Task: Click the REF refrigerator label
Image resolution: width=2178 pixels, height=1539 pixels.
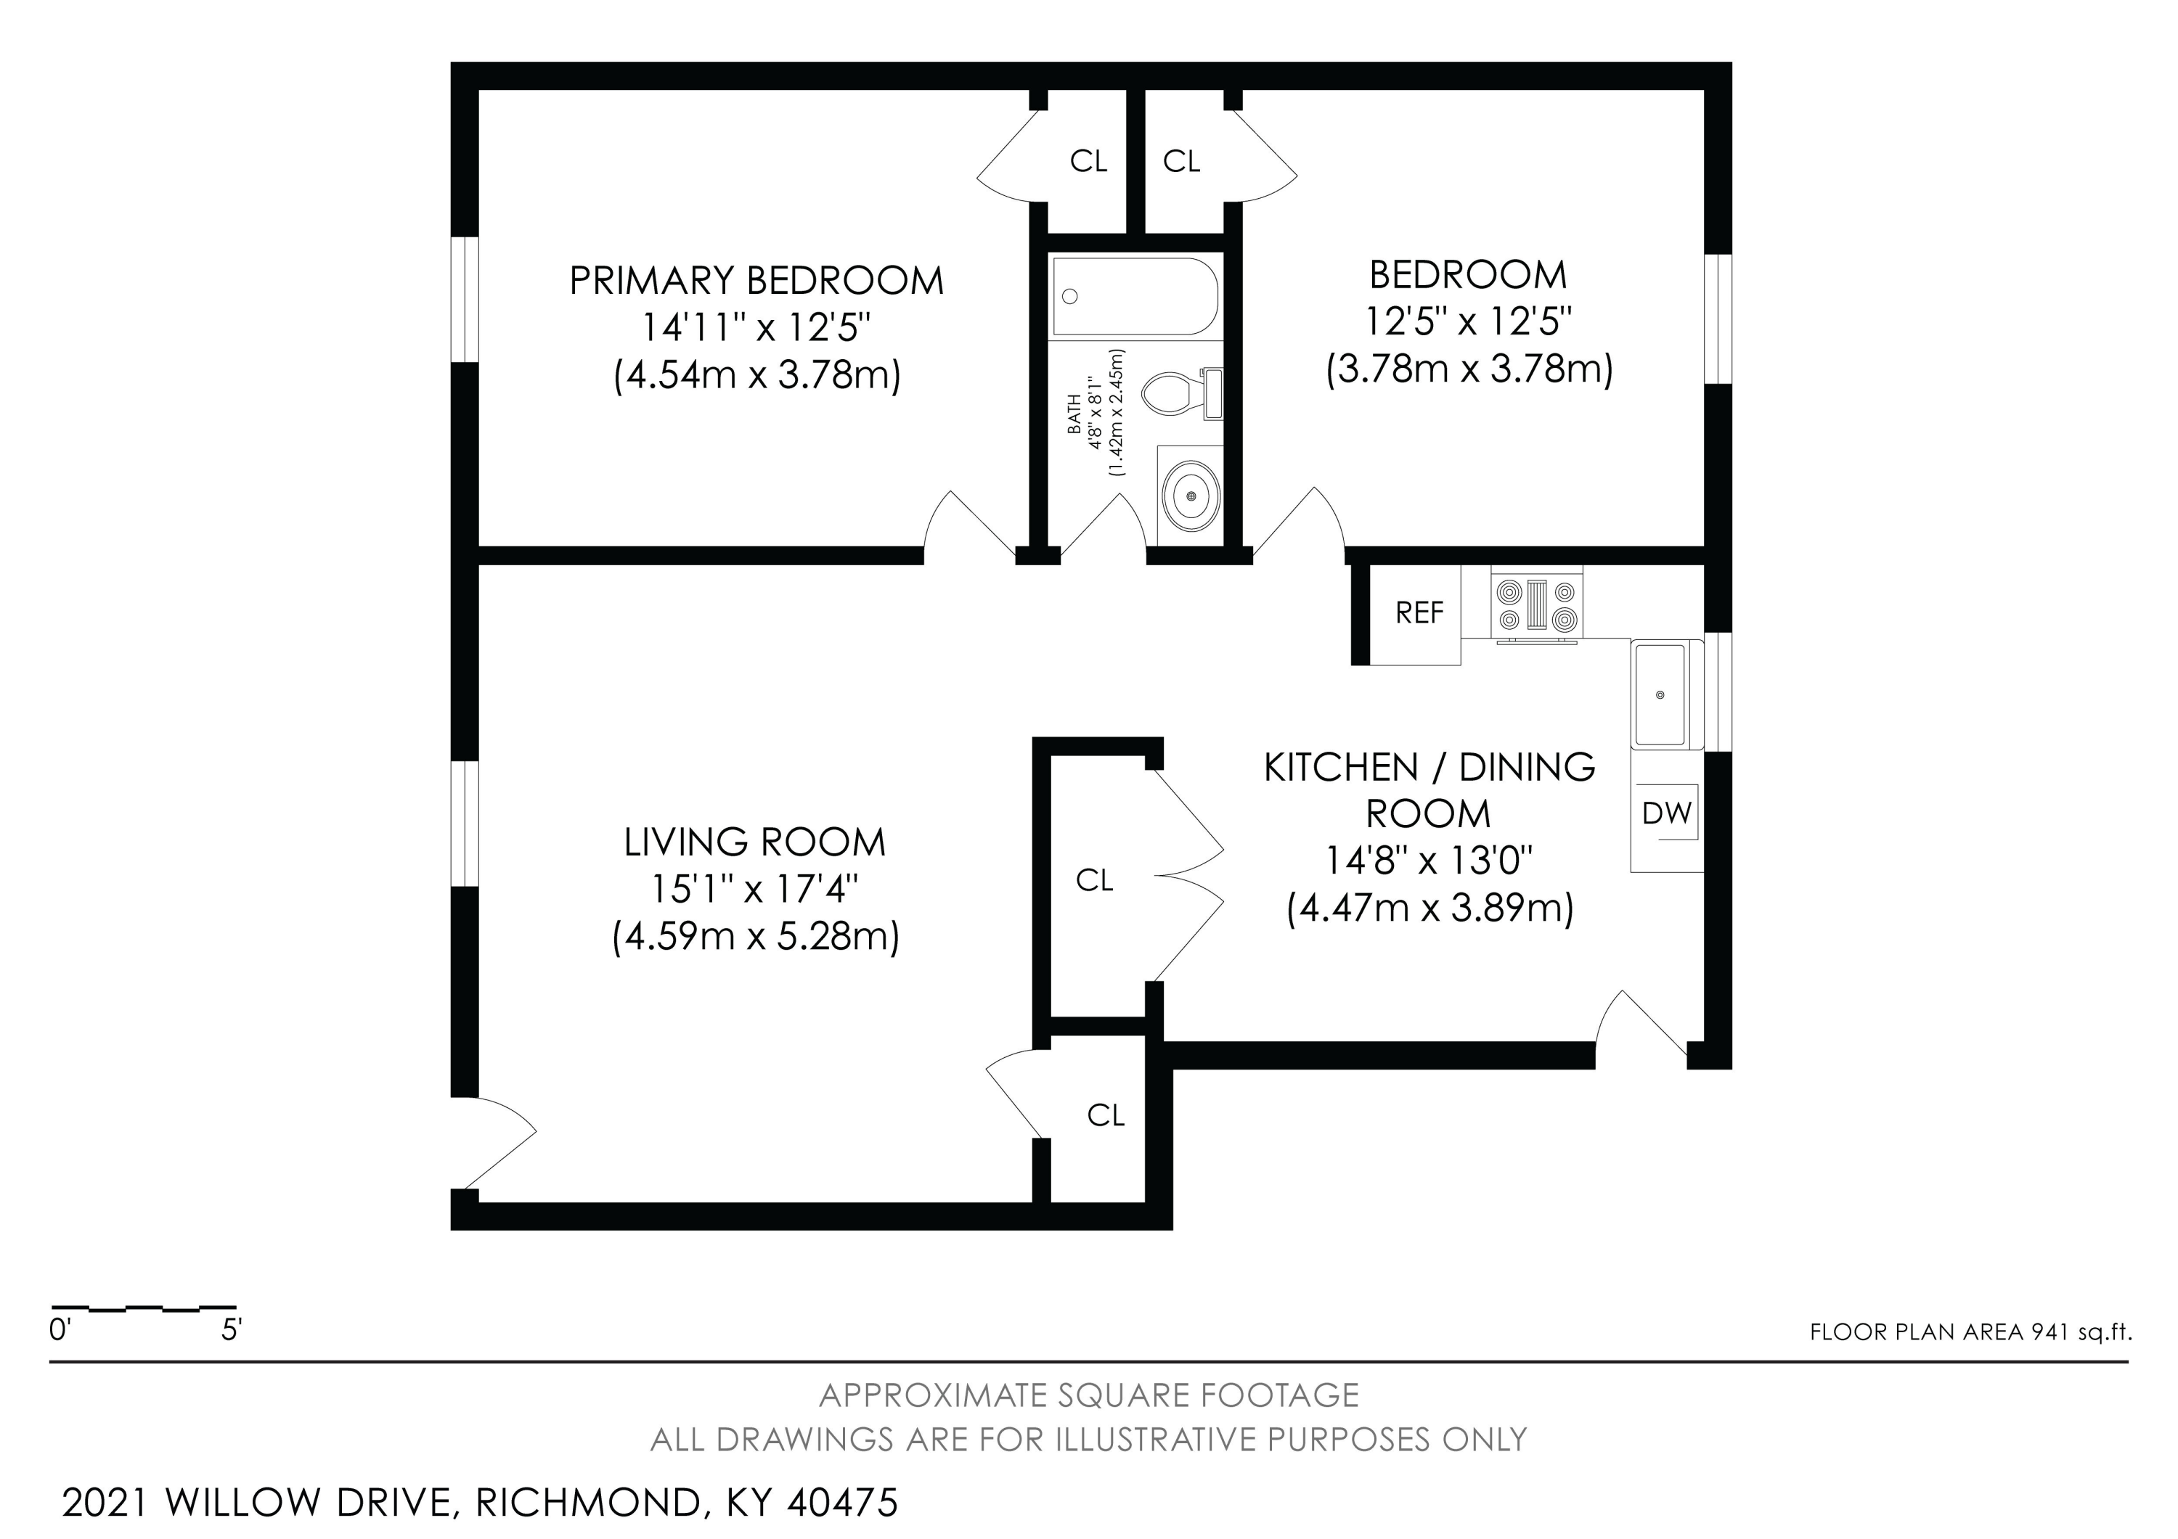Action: tap(1419, 614)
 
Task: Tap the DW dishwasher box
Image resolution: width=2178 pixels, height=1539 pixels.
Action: tap(1667, 813)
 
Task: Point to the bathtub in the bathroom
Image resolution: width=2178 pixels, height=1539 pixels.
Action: tap(1135, 297)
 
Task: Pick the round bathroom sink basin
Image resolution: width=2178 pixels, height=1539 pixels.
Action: tap(1191, 496)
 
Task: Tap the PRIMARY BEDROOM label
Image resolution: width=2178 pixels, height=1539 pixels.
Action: tap(756, 281)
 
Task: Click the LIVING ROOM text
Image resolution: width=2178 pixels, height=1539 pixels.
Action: tap(754, 842)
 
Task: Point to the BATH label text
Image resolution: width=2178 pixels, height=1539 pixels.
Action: tap(1074, 414)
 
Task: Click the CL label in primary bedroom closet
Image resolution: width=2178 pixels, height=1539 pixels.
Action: tap(1088, 162)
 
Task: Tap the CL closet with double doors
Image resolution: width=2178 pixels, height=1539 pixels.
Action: tap(1094, 881)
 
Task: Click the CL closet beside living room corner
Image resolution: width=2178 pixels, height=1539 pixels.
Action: tap(1105, 1115)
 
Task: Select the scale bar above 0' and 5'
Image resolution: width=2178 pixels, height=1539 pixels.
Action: tap(143, 1308)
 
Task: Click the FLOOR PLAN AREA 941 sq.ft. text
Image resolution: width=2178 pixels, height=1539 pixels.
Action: tap(1970, 1332)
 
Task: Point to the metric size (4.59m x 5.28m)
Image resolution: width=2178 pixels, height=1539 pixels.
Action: tap(755, 937)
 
